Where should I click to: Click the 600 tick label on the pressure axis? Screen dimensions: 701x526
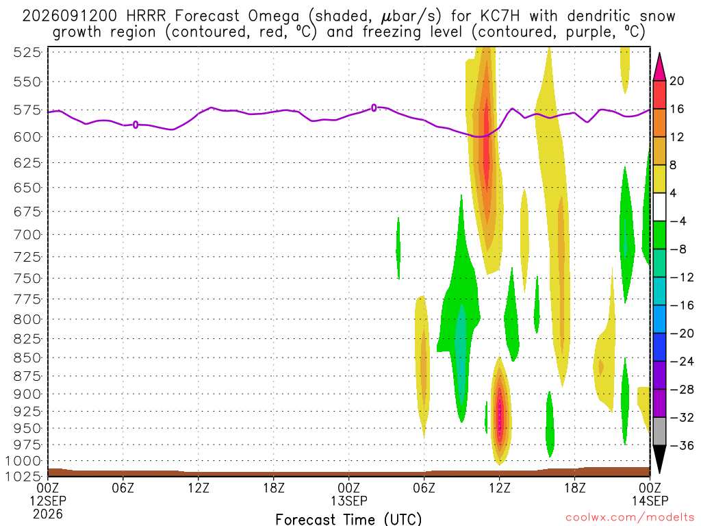coord(27,137)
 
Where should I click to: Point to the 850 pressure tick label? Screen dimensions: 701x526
coord(27,358)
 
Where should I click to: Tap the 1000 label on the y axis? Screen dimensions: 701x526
coord(23,461)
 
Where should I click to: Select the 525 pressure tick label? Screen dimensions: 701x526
coord(27,52)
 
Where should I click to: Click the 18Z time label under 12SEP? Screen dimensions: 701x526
coord(274,488)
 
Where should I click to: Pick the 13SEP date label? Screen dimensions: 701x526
coord(348,501)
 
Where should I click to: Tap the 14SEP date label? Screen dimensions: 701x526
coord(650,501)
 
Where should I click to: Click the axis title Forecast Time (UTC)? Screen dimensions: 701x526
coord(348,519)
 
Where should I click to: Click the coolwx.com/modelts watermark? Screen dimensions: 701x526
coord(630,518)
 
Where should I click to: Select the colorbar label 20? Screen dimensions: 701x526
coord(676,81)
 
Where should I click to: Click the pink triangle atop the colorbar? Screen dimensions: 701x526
coord(659,67)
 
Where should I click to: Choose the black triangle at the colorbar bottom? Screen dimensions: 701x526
coord(659,458)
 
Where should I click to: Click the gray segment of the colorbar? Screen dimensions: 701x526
coord(659,431)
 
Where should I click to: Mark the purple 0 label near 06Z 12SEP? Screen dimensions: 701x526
coord(136,125)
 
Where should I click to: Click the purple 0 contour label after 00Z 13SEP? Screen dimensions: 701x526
coord(374,108)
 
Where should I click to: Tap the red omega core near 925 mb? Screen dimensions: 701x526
coord(500,414)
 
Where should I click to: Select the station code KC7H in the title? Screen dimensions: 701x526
coord(500,16)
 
